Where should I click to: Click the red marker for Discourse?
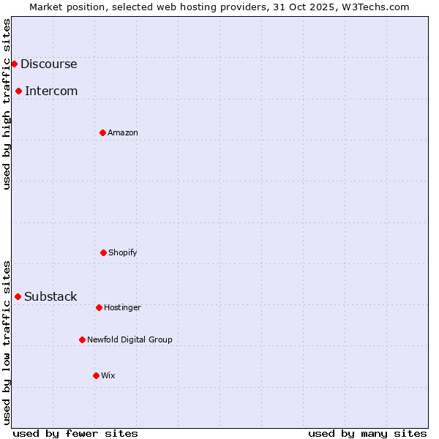point(14,64)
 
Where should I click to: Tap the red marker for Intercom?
point(18,91)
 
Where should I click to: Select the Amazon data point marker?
point(102,132)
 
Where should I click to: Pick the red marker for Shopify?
point(103,252)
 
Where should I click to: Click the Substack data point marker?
point(18,296)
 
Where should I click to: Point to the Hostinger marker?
point(99,307)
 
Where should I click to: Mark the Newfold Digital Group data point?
point(82,339)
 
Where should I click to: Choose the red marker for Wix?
point(96,375)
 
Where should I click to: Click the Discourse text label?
point(48,64)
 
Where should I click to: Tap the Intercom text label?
point(51,91)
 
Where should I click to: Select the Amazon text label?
point(123,132)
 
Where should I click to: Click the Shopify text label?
point(123,252)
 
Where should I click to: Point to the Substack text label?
point(50,296)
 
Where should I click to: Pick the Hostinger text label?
point(122,307)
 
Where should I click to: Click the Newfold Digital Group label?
point(130,339)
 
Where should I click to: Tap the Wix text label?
point(108,375)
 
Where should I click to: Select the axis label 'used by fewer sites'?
point(75,433)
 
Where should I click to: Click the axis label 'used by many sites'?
point(367,433)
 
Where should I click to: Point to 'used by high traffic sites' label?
point(7,104)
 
